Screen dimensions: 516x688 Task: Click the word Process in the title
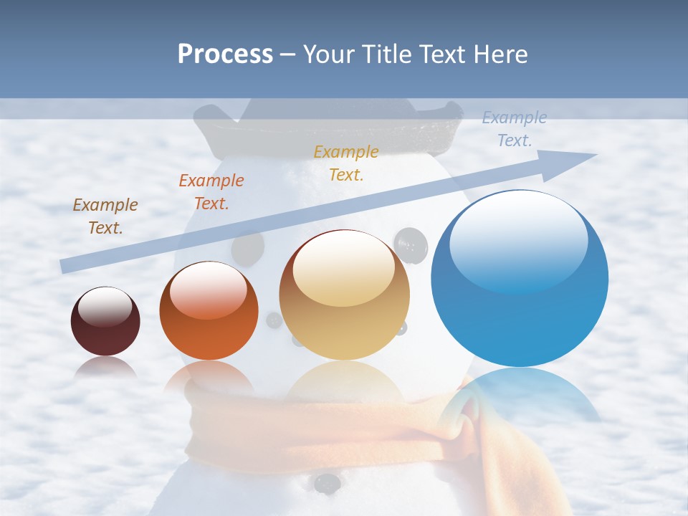click(x=225, y=54)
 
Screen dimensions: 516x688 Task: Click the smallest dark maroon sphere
click(x=105, y=321)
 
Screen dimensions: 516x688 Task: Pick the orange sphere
click(x=209, y=310)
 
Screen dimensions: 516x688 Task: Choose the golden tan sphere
click(x=345, y=295)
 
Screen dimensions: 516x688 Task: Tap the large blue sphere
click(x=520, y=279)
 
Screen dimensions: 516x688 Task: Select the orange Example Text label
click(x=211, y=192)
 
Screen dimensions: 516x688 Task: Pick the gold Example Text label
click(x=346, y=163)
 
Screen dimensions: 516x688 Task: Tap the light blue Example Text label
click(x=515, y=129)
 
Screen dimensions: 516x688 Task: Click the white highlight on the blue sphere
click(x=518, y=240)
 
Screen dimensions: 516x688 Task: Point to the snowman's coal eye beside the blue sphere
click(x=411, y=245)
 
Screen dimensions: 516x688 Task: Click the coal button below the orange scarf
click(x=327, y=483)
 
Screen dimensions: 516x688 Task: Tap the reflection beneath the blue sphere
click(x=520, y=394)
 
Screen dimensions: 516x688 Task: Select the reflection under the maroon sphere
click(x=105, y=367)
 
